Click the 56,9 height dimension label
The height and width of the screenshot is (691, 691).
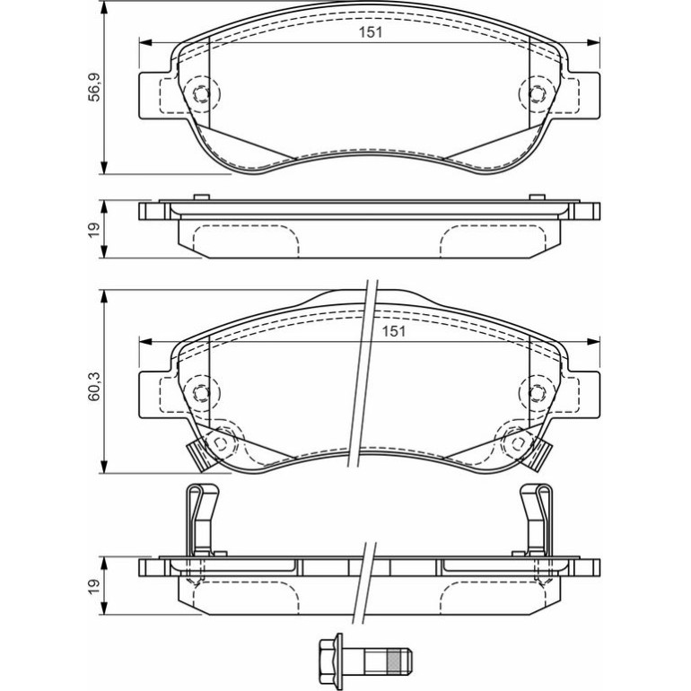(x=95, y=87)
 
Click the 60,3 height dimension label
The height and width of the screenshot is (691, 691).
(x=94, y=387)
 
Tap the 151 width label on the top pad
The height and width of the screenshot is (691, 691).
(x=370, y=32)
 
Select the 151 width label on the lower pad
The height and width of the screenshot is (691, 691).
(x=394, y=331)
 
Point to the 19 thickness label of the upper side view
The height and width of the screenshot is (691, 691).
(x=95, y=230)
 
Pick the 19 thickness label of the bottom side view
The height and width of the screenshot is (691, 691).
(x=95, y=585)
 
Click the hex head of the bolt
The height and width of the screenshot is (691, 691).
(x=329, y=660)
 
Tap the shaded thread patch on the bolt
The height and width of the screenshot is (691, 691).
(x=395, y=660)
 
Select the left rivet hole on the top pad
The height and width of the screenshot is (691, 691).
(x=201, y=94)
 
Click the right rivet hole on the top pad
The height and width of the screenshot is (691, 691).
(x=537, y=94)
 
